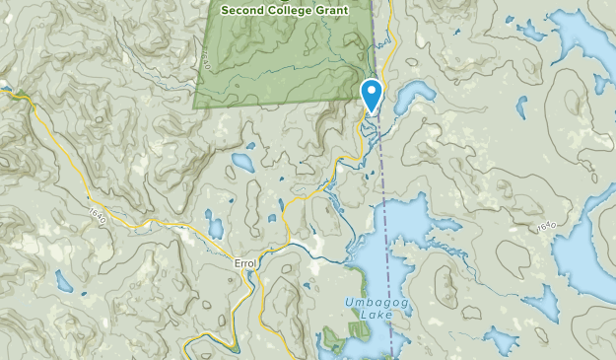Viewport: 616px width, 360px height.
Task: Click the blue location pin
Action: [x=373, y=95]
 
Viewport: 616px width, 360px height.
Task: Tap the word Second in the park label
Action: [x=245, y=11]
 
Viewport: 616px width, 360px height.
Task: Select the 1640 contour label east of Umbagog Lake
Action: [x=549, y=229]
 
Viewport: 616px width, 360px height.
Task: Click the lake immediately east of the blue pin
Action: [x=412, y=96]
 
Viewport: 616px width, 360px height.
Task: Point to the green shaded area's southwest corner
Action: [x=195, y=106]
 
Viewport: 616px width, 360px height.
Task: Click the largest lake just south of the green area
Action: [x=241, y=160]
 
